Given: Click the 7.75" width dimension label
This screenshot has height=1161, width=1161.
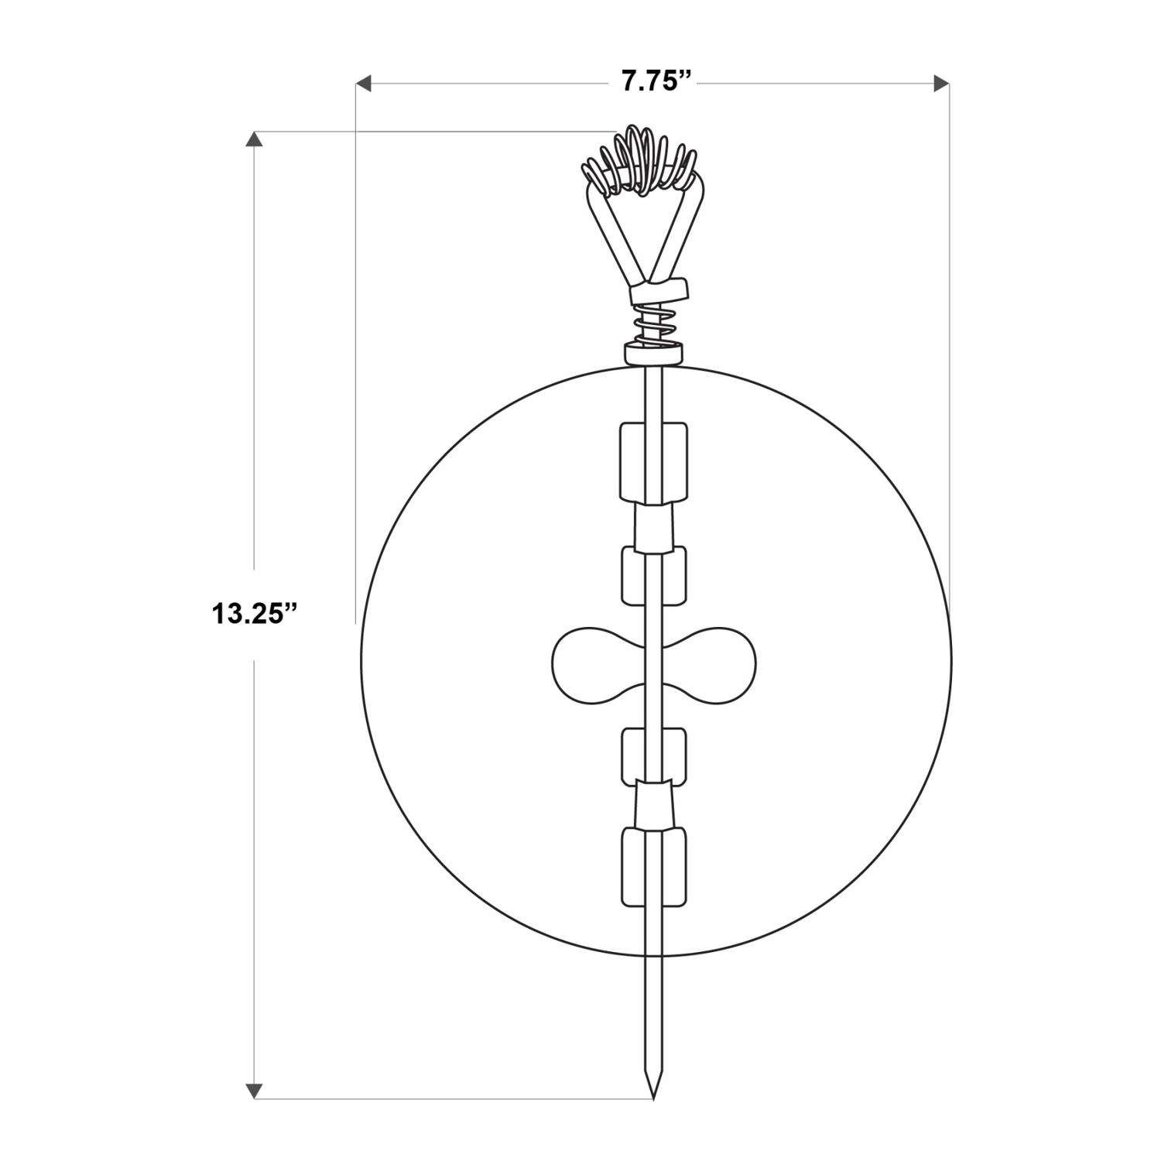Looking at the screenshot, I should tap(656, 82).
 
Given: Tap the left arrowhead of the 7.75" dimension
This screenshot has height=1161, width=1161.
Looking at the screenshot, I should tap(363, 82).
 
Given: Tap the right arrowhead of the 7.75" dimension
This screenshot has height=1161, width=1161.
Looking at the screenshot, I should tap(942, 82).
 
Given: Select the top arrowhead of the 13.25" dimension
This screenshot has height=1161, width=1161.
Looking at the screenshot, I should tap(253, 139).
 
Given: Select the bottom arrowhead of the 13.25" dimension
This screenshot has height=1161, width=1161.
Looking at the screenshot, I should tap(253, 1090).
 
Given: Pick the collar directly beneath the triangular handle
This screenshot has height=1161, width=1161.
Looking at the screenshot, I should tap(659, 292).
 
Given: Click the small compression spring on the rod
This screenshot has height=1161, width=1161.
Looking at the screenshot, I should tap(655, 325).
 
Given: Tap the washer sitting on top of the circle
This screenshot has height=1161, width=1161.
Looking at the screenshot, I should tap(654, 354).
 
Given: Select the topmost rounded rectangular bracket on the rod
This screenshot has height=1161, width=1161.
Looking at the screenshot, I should tap(653, 461).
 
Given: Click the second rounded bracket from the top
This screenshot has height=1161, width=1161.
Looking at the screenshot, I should tap(654, 575).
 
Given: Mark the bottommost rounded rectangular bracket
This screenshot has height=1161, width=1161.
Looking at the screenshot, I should tap(654, 866).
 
